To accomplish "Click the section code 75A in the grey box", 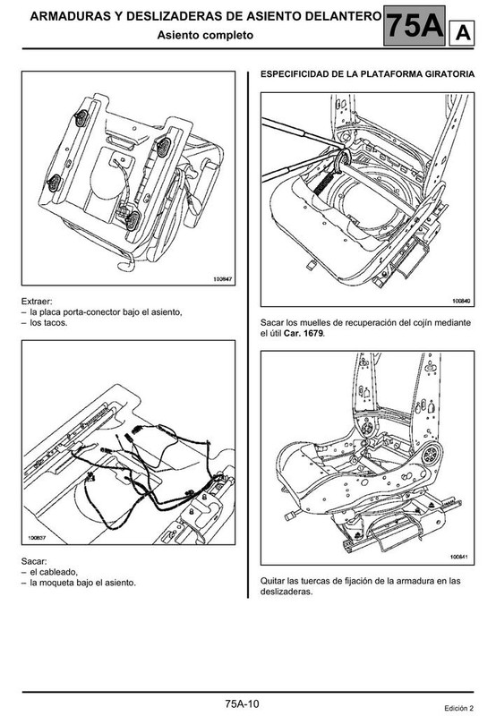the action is pyautogui.click(x=415, y=26).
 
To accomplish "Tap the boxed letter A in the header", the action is pyautogui.click(x=462, y=33).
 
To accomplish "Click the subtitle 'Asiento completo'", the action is pyautogui.click(x=205, y=35).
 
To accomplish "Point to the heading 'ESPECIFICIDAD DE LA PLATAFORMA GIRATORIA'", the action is pyautogui.click(x=367, y=74).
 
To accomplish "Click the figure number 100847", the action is pyautogui.click(x=223, y=278).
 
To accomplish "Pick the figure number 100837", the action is pyautogui.click(x=37, y=538).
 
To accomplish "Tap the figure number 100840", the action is pyautogui.click(x=462, y=301).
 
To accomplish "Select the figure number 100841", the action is pyautogui.click(x=460, y=557).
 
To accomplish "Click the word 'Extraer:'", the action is pyautogui.click(x=37, y=302).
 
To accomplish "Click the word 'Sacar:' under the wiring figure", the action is pyautogui.click(x=34, y=561).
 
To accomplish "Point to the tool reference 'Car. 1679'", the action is pyautogui.click(x=304, y=333).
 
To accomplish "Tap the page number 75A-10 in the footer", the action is pyautogui.click(x=242, y=703).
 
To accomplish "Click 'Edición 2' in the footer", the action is pyautogui.click(x=459, y=708).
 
